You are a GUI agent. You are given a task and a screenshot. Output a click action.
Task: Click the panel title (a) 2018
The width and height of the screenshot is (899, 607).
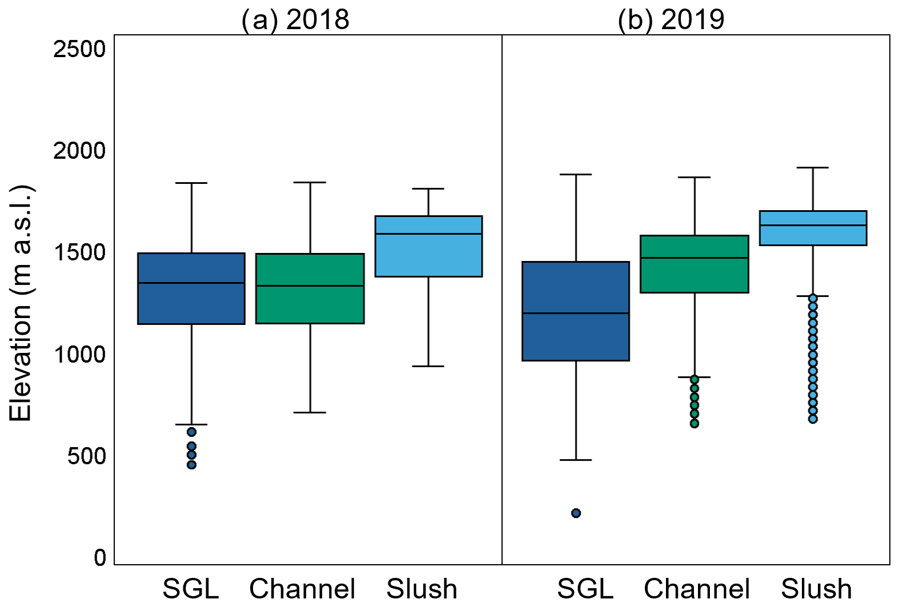(295, 20)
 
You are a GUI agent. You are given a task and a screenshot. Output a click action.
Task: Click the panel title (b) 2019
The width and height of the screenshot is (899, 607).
(671, 20)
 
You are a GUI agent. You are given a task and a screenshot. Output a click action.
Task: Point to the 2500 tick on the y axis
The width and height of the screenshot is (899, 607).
(80, 49)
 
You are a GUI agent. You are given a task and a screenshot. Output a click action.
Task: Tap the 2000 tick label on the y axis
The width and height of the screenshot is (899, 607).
(80, 151)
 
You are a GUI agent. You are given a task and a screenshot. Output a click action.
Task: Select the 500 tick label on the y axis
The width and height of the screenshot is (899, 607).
(87, 456)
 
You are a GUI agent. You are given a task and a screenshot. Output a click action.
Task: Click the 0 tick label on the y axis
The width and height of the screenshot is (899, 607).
(101, 557)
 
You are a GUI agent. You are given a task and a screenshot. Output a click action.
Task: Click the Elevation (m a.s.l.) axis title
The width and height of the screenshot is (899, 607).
(21, 303)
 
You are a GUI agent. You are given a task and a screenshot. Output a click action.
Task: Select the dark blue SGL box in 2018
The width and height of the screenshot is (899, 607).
(191, 288)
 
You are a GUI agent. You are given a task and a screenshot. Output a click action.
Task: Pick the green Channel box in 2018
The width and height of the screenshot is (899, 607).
(310, 288)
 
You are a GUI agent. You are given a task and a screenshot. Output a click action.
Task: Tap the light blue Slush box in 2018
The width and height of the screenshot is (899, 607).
(428, 246)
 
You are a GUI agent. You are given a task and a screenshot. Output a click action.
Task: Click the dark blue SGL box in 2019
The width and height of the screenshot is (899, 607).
(576, 311)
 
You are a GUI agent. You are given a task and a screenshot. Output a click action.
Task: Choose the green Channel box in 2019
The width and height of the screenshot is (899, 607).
(695, 264)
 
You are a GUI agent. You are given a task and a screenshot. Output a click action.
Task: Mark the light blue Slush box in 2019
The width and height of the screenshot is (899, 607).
(813, 228)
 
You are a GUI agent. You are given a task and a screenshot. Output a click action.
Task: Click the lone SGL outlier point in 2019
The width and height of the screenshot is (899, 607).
(576, 513)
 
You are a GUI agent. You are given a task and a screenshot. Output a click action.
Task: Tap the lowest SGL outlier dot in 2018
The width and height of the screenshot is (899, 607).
(191, 464)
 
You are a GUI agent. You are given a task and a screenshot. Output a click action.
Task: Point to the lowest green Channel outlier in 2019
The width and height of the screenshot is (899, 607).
(695, 423)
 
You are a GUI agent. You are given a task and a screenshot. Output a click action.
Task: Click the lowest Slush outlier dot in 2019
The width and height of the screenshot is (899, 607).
(813, 419)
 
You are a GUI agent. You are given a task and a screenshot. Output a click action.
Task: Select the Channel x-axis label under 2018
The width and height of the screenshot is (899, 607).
(302, 589)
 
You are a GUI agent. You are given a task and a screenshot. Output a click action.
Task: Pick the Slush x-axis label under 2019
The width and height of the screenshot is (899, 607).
(816, 589)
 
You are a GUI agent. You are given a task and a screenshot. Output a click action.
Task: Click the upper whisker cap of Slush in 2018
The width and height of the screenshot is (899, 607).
(428, 188)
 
